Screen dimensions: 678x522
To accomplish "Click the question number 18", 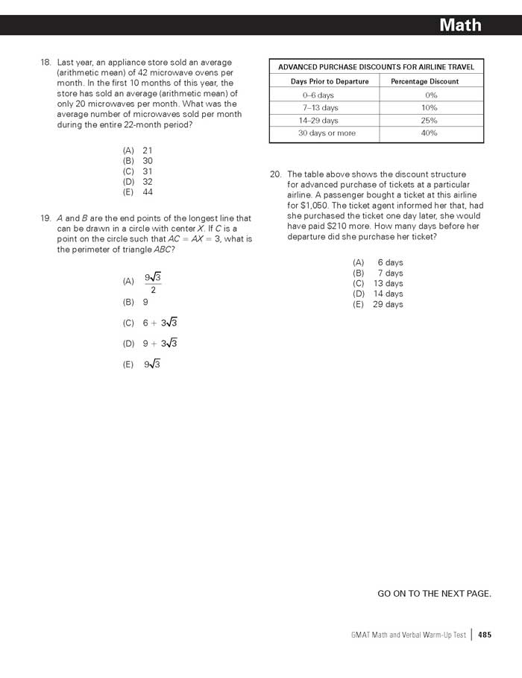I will tap(45, 63).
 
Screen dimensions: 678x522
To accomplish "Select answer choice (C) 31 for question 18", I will tap(138, 171).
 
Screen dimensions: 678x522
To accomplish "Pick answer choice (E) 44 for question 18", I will tap(138, 191).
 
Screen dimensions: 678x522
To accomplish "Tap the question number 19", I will tap(45, 218).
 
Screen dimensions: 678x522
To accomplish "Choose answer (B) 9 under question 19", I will tap(136, 302).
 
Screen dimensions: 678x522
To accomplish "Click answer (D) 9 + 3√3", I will tap(150, 343).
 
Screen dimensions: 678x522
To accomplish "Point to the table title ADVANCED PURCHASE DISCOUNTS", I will tap(376, 67).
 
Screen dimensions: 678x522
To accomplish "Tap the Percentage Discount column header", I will tap(425, 81).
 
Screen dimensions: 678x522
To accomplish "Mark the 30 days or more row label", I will tap(327, 133).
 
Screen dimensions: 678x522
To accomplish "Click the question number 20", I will tap(275, 174).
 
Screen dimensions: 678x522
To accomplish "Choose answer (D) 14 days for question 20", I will tap(378, 294).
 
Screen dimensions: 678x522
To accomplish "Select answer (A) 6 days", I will tap(378, 262).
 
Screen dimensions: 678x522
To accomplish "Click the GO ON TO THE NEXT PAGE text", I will tap(434, 593).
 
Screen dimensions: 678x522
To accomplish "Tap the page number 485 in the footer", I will tap(485, 635).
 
